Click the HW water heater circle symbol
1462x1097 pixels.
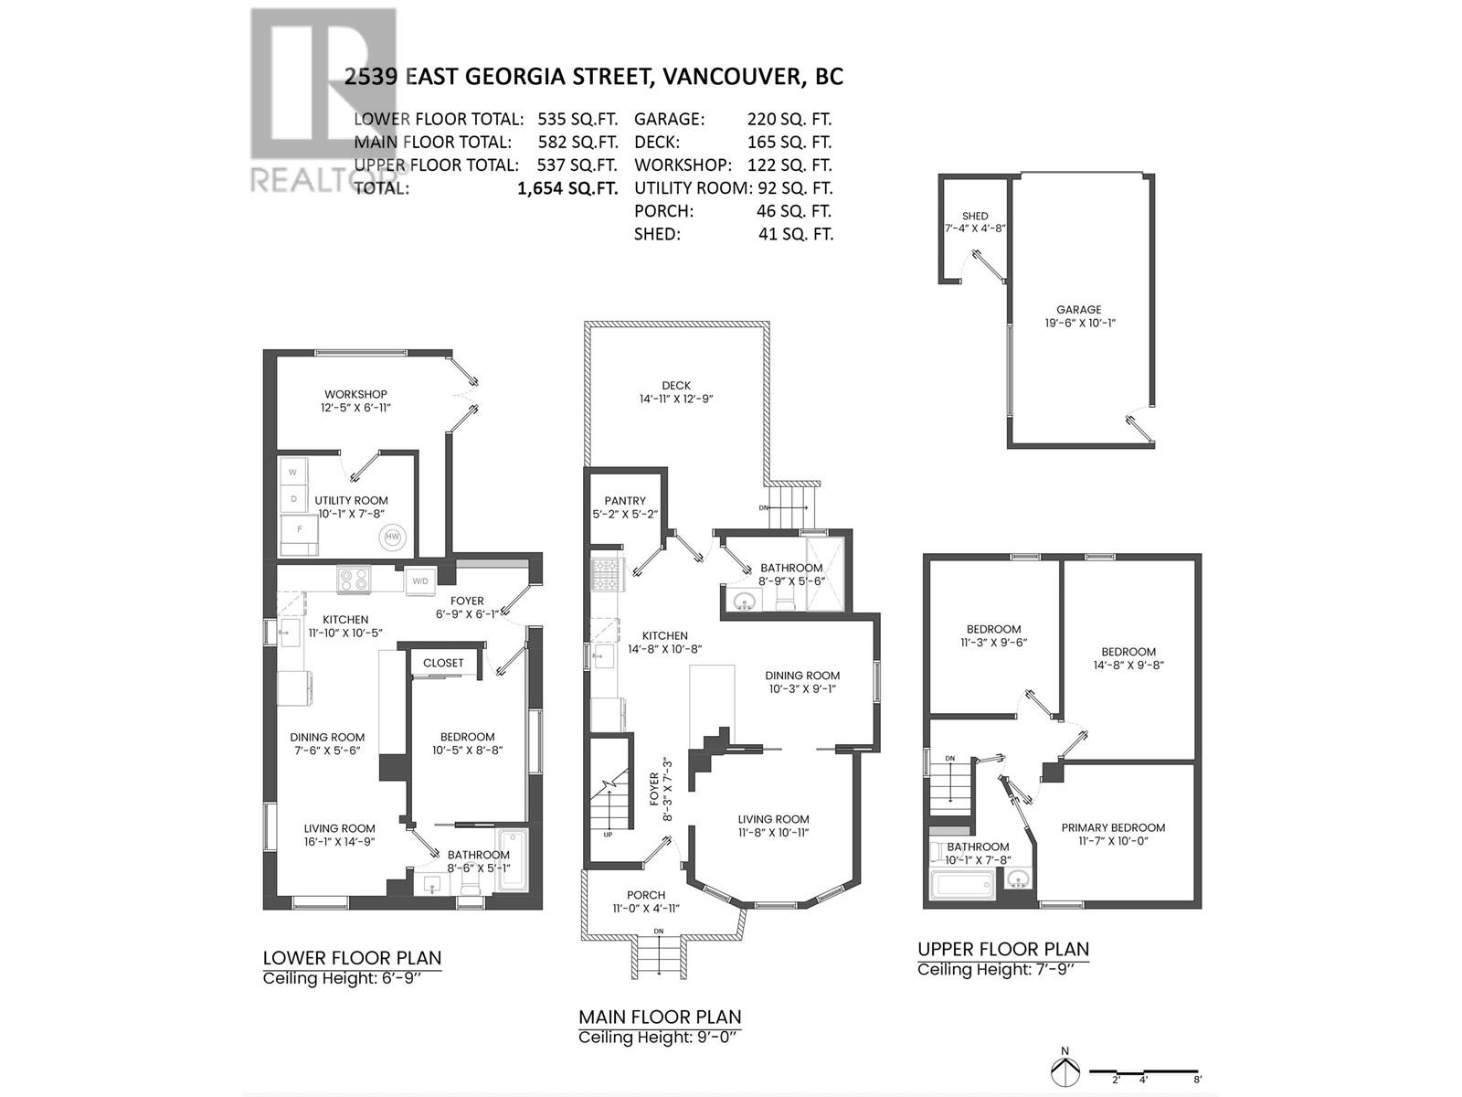tap(392, 537)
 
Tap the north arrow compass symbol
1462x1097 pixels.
tap(1064, 1070)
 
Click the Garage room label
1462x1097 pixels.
tap(1079, 310)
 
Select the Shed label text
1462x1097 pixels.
tap(975, 217)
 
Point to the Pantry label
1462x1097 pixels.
tap(625, 501)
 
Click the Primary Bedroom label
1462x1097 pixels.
tap(1113, 827)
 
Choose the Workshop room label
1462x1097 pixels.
tap(355, 394)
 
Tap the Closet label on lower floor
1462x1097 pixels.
tap(443, 663)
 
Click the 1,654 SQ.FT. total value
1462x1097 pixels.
tap(567, 188)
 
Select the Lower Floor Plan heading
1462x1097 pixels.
tap(352, 958)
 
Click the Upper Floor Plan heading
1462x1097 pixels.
tap(1003, 949)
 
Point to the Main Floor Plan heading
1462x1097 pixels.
tap(660, 1017)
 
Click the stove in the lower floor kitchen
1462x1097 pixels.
tap(354, 579)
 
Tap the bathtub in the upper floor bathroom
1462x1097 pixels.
tap(961, 884)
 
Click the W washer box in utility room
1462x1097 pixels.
tap(293, 473)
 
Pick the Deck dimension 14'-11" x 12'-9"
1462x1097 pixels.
tap(676, 399)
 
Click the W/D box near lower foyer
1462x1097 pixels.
tap(420, 580)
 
